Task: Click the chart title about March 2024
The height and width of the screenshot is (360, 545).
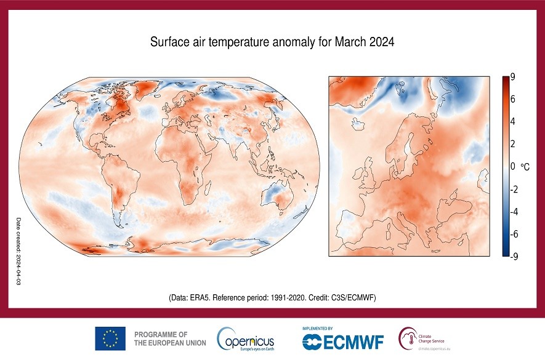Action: pos(272,42)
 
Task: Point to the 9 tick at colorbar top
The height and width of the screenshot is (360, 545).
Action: pos(512,77)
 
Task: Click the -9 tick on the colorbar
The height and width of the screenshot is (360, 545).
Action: pos(514,257)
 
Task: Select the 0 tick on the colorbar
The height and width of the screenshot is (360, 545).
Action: pos(512,167)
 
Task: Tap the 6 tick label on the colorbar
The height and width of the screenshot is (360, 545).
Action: pos(512,100)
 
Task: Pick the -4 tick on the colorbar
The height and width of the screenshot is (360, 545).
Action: pos(514,212)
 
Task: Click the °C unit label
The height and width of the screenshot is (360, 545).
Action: pos(525,167)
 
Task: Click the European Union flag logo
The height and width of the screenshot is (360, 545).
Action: pos(110,338)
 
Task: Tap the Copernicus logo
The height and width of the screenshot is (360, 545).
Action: pos(245,339)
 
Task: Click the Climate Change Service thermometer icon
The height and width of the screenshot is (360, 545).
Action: pos(406,338)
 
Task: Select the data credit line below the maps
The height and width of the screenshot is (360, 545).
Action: pos(272,297)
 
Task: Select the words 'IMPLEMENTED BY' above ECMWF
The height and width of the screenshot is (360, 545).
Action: pos(318,329)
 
